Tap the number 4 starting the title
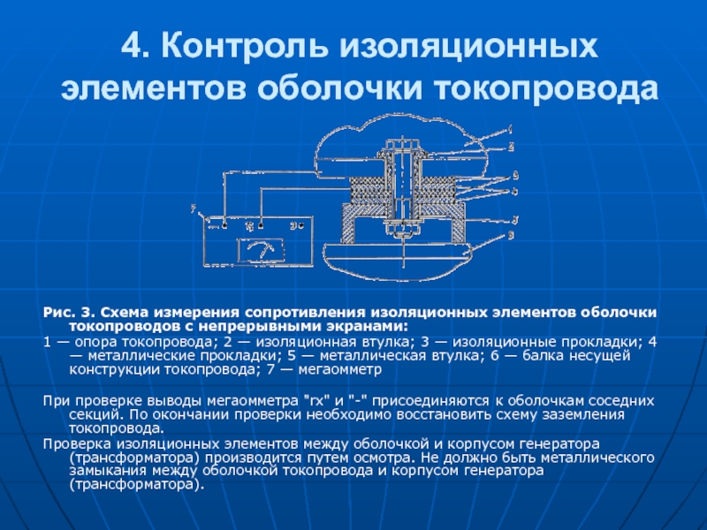(x=128, y=45)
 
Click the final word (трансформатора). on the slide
(x=128, y=484)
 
